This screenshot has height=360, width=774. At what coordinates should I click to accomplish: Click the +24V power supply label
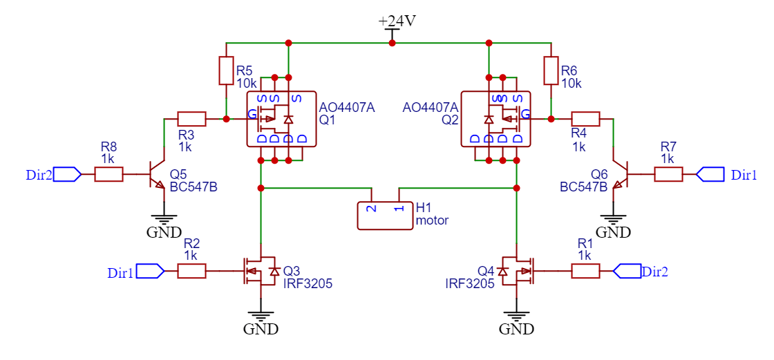click(x=397, y=21)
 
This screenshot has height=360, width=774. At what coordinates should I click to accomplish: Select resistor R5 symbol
click(x=226, y=70)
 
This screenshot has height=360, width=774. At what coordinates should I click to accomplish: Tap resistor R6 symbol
click(x=551, y=70)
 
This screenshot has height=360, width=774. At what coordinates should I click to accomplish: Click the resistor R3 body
click(x=191, y=119)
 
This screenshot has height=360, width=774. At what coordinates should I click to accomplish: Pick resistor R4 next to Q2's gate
click(x=585, y=119)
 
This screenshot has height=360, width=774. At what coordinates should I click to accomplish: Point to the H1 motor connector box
click(x=384, y=216)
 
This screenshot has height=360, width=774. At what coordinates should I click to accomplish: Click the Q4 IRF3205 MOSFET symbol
click(x=516, y=271)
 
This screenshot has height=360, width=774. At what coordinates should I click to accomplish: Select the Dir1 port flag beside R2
click(x=150, y=271)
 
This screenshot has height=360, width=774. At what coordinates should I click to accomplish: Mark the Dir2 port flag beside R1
click(x=627, y=271)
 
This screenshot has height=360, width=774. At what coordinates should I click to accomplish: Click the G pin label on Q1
click(x=252, y=113)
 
